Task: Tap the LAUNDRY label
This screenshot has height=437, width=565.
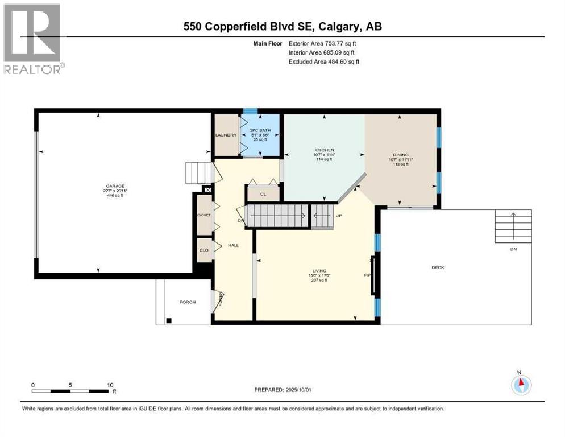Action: pyautogui.click(x=225, y=135)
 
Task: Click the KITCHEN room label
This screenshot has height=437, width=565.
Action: pyautogui.click(x=323, y=150)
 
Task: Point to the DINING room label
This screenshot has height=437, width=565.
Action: pyautogui.click(x=400, y=155)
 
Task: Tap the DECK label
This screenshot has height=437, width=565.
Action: pyautogui.click(x=438, y=267)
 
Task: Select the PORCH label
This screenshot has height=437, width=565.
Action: pyautogui.click(x=188, y=302)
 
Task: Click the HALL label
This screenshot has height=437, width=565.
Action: pyautogui.click(x=233, y=245)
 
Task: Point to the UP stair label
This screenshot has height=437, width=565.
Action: pyautogui.click(x=339, y=216)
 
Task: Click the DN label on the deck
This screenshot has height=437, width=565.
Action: pyautogui.click(x=513, y=249)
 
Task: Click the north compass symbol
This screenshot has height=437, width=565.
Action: pyautogui.click(x=521, y=385)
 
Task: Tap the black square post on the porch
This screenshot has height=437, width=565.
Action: pyautogui.click(x=169, y=320)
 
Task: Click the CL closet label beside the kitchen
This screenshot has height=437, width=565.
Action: pyautogui.click(x=263, y=194)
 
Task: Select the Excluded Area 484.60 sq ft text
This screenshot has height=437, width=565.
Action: pyautogui.click(x=323, y=61)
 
